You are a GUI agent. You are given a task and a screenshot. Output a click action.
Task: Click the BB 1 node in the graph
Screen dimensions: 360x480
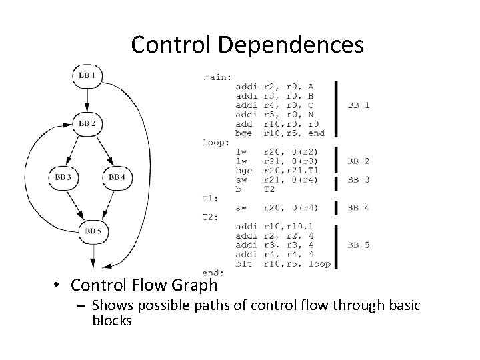tap(87, 76)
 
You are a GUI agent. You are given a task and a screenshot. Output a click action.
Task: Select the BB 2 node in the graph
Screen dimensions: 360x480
tap(87, 123)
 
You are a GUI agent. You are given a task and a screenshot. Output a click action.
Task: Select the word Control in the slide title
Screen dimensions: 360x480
tap(169, 45)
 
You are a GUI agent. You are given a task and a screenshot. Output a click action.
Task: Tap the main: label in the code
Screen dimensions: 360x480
tap(217, 77)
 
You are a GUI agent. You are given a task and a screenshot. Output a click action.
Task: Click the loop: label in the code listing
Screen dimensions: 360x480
tap(217, 142)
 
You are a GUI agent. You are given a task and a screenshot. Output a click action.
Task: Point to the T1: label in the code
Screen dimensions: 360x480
tap(211, 199)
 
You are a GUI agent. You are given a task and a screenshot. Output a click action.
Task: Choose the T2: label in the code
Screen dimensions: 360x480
tap(211, 217)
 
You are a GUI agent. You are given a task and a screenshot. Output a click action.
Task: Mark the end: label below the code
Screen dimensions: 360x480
tap(213, 273)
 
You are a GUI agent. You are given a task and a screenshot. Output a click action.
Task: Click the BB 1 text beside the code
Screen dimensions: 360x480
tap(359, 105)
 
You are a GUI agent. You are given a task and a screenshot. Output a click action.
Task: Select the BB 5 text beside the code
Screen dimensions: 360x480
tap(359, 245)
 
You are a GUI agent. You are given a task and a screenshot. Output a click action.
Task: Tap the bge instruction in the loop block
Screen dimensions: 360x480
tap(244, 171)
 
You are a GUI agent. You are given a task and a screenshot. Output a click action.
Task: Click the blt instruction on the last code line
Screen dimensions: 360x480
tap(244, 264)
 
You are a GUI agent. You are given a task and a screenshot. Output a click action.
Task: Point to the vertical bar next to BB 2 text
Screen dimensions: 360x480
tap(336, 161)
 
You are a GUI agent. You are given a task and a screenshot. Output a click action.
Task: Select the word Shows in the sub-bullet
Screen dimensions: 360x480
tap(110, 305)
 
